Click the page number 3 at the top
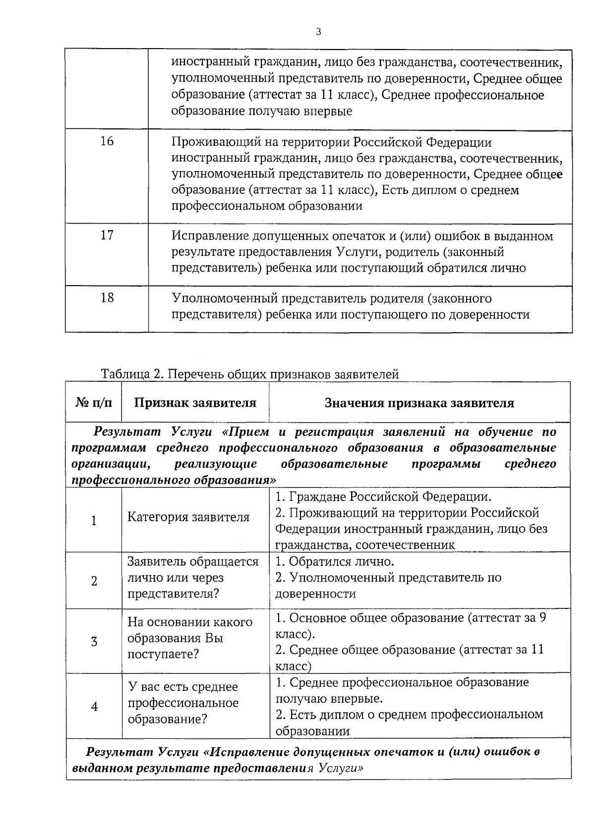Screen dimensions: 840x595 click(318, 32)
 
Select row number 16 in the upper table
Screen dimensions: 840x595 click(107, 141)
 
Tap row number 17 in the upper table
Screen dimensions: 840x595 click(107, 235)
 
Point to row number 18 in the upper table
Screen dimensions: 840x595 click(107, 298)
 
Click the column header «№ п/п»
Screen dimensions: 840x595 click(94, 403)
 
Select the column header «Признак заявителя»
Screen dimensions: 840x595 click(195, 403)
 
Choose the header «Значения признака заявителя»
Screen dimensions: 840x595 click(419, 403)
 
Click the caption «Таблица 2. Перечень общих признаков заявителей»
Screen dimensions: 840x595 click(250, 374)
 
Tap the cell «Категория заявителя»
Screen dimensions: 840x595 click(188, 517)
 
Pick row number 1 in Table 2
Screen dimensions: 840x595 click(94, 521)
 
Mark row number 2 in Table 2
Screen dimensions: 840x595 click(94, 581)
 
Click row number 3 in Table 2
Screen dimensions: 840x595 click(94, 642)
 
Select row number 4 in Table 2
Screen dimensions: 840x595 click(94, 707)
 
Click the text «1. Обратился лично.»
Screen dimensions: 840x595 click(335, 562)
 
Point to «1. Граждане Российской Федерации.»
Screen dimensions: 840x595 click(384, 496)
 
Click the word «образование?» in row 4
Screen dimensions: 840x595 click(167, 719)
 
